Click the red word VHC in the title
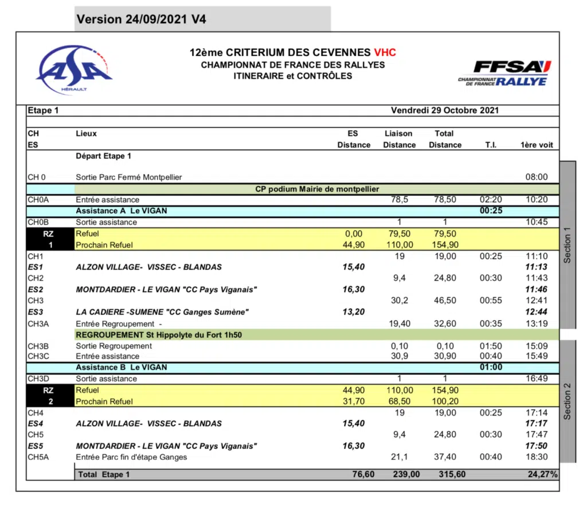coord(385,53)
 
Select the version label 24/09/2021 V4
coord(141,19)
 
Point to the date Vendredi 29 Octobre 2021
coord(444,110)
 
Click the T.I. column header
coord(490,145)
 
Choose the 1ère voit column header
coord(537,145)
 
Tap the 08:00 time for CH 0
coord(537,178)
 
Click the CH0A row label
coord(39,200)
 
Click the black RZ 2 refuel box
coord(50,396)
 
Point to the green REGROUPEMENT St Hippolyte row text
coord(164,335)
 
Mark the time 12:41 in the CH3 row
coord(537,301)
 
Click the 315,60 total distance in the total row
coord(444,474)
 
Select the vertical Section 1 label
coord(567,245)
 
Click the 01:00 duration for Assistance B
coord(490,368)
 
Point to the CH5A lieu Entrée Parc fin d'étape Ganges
coord(131,457)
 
